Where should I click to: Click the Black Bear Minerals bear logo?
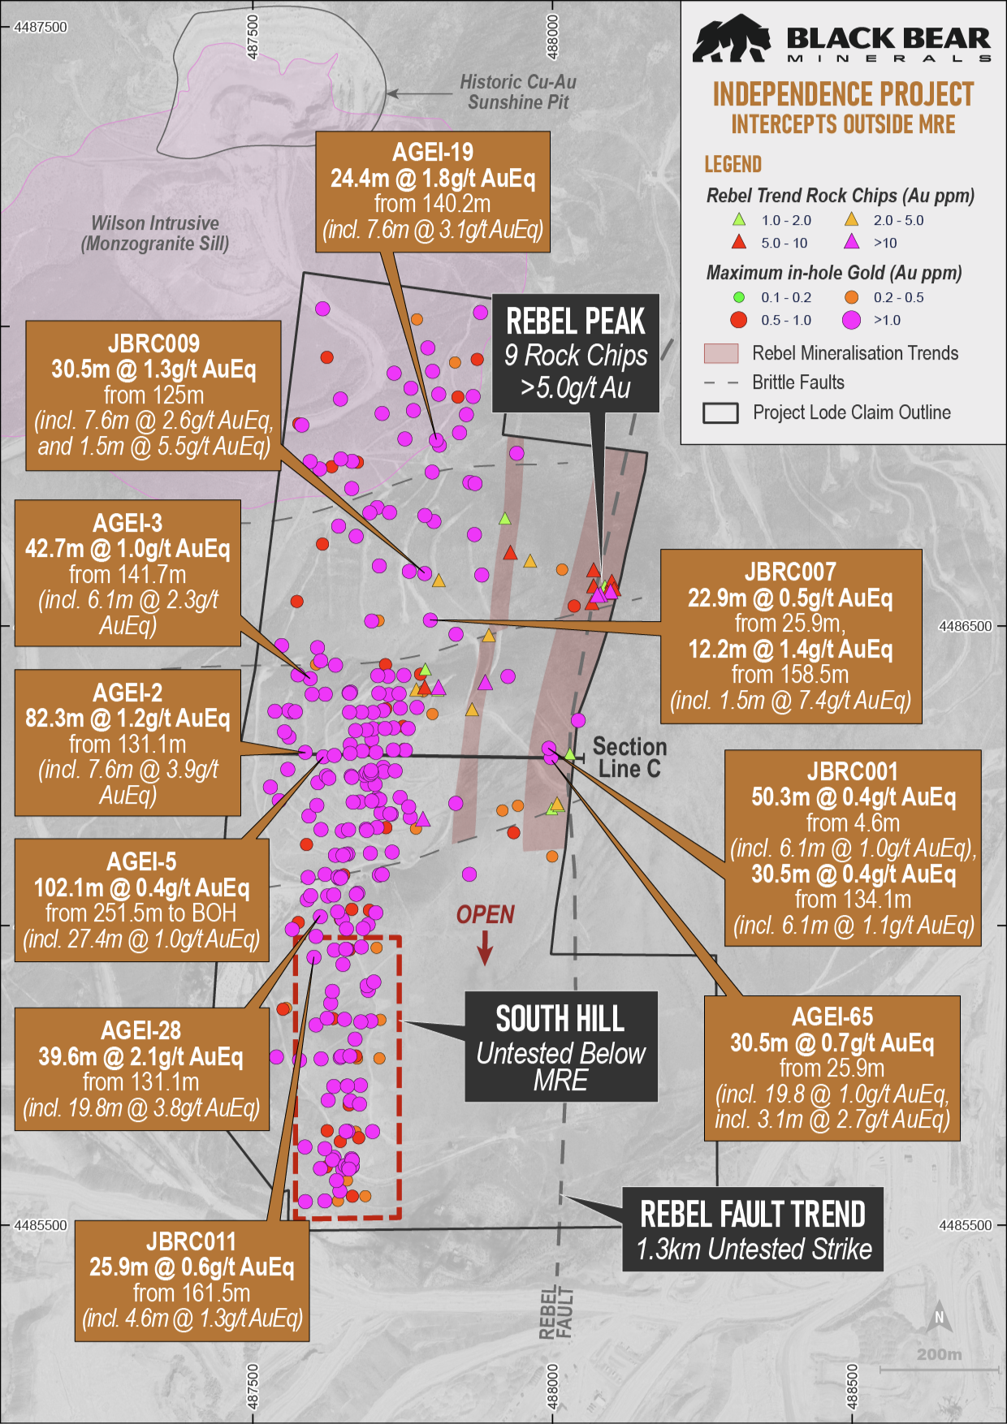click(731, 39)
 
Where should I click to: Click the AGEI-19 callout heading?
click(432, 152)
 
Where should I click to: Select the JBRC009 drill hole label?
click(153, 343)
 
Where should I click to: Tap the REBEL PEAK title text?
click(575, 321)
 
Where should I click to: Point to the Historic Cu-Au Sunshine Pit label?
click(517, 92)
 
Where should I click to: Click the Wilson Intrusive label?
click(154, 223)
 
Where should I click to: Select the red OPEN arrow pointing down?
click(485, 947)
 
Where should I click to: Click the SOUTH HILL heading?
click(560, 1019)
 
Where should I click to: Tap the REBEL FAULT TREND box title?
click(752, 1215)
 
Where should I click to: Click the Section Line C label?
click(629, 757)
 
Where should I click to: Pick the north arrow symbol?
click(939, 1318)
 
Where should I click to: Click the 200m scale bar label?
click(939, 1354)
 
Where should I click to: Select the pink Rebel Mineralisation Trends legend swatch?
click(720, 353)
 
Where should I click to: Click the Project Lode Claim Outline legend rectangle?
click(720, 412)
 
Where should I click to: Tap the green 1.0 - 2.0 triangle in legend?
click(738, 220)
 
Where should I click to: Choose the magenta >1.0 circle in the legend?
click(851, 320)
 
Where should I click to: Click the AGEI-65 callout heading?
click(832, 1016)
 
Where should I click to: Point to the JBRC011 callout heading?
click(191, 1241)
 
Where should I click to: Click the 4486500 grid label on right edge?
click(965, 626)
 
